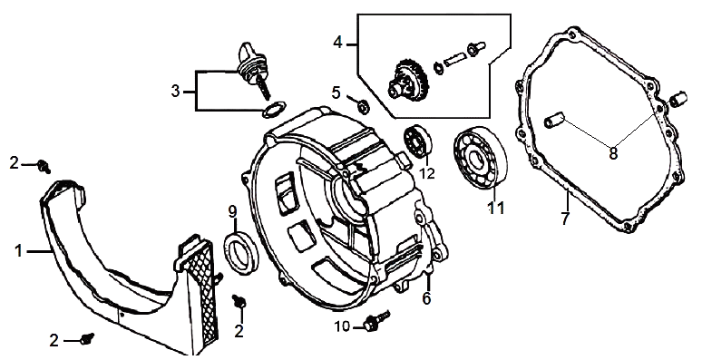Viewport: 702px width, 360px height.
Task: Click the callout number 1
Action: [18, 251]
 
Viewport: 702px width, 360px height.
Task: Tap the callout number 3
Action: [176, 92]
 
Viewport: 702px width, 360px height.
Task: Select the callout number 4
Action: [338, 43]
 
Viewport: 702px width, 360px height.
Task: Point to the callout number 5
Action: [336, 92]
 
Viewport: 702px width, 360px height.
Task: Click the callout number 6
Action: [426, 297]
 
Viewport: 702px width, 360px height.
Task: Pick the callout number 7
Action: [565, 219]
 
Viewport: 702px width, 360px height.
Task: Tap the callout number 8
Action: [613, 153]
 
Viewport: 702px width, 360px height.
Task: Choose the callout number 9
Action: [232, 211]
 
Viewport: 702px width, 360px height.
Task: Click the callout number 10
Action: [343, 326]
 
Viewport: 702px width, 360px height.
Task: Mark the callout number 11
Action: [496, 209]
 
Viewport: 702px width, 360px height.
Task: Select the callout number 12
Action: [427, 173]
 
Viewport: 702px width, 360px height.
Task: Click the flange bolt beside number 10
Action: [377, 321]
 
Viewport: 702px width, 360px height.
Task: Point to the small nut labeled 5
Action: [364, 106]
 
